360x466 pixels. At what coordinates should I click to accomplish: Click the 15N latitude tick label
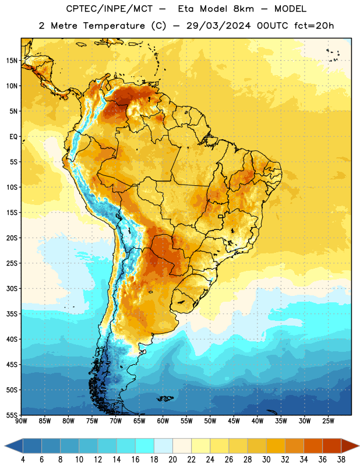point(12,61)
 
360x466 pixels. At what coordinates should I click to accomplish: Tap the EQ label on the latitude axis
point(13,137)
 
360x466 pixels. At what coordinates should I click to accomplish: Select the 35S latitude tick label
point(12,314)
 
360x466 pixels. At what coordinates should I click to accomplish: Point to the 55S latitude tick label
point(12,415)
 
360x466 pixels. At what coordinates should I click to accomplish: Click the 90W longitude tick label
point(21,421)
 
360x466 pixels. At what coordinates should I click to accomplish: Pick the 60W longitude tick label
point(163,421)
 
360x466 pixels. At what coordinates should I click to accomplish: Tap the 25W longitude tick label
point(328,421)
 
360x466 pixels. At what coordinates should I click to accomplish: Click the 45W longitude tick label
point(234,421)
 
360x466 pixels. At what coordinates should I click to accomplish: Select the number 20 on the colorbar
point(172,460)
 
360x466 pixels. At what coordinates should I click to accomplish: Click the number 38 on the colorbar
point(341,460)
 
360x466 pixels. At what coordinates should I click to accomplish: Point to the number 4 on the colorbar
point(23,460)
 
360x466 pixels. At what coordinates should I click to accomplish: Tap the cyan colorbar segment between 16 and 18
point(144,446)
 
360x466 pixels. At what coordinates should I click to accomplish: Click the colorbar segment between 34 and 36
point(313,446)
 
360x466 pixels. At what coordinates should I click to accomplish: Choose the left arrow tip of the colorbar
point(5,446)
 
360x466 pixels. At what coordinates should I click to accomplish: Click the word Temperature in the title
point(114,26)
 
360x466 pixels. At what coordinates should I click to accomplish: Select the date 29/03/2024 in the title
point(218,26)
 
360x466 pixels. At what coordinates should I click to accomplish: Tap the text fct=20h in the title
point(314,26)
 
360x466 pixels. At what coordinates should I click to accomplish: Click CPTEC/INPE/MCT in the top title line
point(109,9)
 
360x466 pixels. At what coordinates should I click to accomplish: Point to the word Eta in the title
point(186,9)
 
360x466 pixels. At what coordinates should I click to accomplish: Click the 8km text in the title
point(243,9)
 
